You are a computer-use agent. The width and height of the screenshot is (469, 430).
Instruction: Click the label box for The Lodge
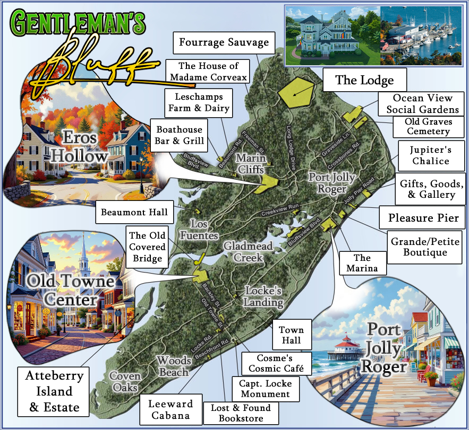(364, 81)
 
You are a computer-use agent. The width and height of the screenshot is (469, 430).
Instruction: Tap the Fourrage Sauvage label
(224, 42)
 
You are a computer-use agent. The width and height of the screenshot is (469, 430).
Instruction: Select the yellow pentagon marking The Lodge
(295, 93)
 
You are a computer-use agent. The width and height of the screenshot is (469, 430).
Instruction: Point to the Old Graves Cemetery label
(430, 127)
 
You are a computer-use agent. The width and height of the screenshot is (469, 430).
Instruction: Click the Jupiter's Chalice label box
(430, 155)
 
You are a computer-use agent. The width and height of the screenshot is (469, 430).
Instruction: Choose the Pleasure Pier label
(423, 217)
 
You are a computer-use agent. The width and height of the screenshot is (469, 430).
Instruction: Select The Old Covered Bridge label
(147, 247)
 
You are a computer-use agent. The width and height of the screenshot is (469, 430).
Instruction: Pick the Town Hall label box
(291, 335)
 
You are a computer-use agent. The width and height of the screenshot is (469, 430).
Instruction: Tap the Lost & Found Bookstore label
(241, 413)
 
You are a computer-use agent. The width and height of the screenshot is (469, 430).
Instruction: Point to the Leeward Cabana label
(170, 409)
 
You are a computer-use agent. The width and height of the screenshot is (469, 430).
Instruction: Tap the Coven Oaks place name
(125, 382)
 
